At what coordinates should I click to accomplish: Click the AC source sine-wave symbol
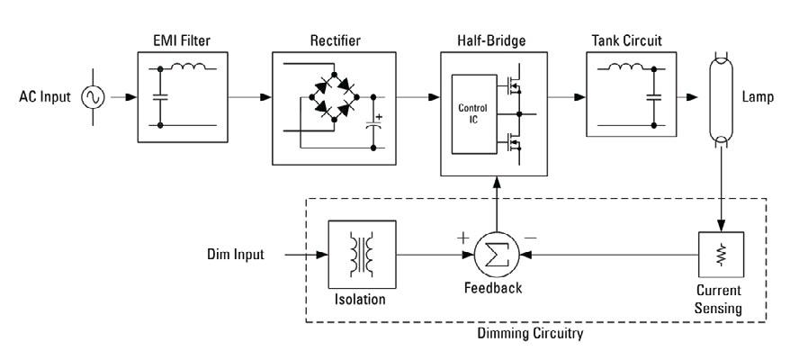[x=94, y=96]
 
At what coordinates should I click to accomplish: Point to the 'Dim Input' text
[x=234, y=255]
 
